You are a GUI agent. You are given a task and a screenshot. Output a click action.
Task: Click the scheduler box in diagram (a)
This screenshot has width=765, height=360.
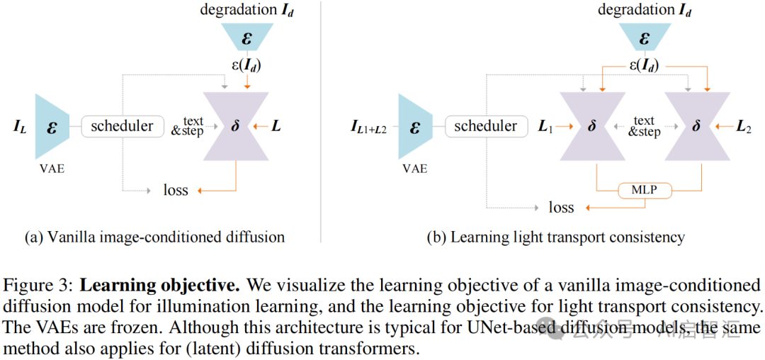pyautogui.click(x=122, y=127)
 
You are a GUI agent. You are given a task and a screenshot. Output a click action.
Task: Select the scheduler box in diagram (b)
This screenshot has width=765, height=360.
pyautogui.click(x=485, y=127)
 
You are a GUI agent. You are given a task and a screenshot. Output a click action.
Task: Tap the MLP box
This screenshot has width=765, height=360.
pyautogui.click(x=643, y=190)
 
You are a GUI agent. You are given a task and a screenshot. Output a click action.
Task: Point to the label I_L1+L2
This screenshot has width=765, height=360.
pyautogui.click(x=369, y=128)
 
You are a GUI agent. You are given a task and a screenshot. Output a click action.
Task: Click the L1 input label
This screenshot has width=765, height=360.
pyautogui.click(x=546, y=128)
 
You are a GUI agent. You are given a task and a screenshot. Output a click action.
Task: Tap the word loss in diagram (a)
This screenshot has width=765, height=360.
pyautogui.click(x=176, y=190)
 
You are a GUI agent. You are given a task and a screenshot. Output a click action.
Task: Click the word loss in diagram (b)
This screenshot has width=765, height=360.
pyautogui.click(x=562, y=207)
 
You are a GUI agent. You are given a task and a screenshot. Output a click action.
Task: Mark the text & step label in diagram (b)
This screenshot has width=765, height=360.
pyautogui.click(x=644, y=127)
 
